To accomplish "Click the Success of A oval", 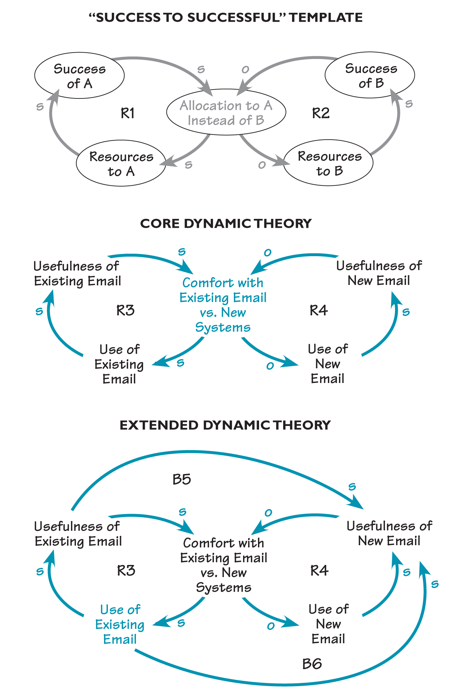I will (79, 76).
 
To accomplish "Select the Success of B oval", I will (370, 75).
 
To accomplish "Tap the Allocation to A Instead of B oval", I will (226, 113).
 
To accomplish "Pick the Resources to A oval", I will (121, 164).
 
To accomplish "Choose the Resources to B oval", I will (329, 163).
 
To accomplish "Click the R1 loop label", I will (128, 113).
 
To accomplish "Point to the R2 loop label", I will (321, 113).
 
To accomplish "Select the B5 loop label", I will (182, 480).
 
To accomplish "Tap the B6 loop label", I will (312, 664).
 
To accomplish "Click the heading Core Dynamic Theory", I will (226, 223).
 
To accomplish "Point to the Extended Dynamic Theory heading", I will (225, 425).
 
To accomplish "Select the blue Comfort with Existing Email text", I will (223, 305).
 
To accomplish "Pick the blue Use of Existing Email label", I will (120, 624).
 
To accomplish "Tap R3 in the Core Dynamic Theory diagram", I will (126, 311).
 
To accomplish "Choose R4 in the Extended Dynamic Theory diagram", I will (319, 571).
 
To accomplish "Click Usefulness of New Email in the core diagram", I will (379, 273).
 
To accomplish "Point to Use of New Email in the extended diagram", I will (328, 624).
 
